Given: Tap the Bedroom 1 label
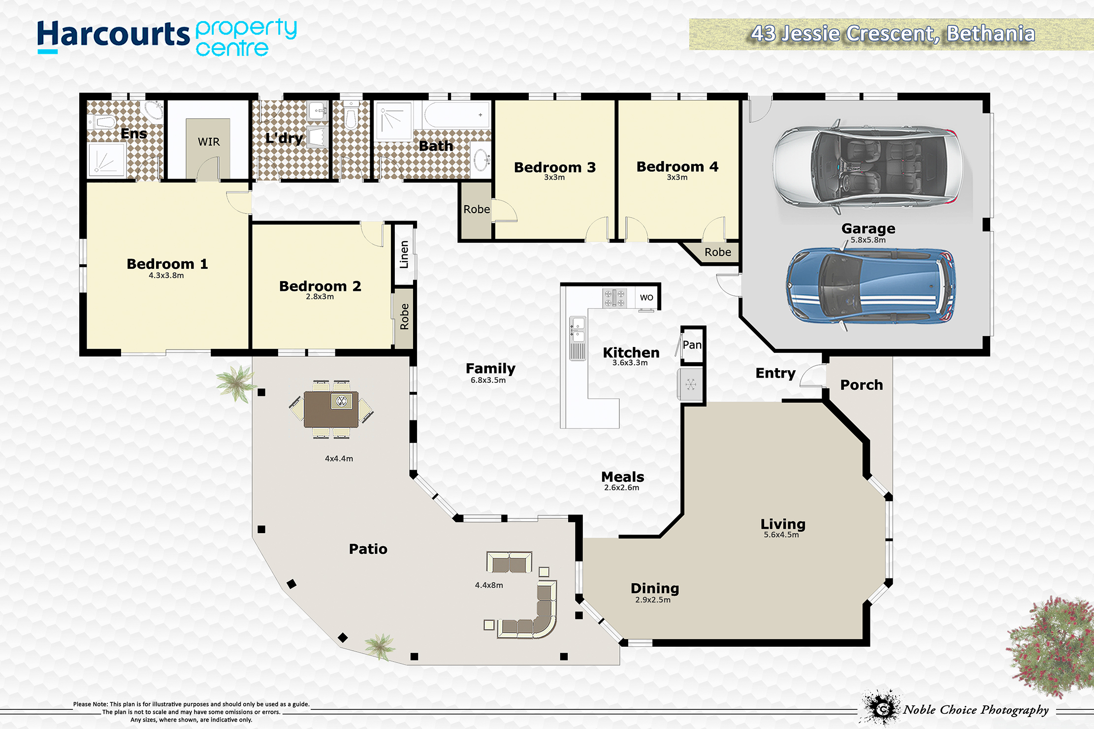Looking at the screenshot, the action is click(167, 264).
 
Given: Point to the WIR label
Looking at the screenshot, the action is click(209, 142).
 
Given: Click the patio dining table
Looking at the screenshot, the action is click(331, 409).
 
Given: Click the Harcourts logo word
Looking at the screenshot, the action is click(113, 35).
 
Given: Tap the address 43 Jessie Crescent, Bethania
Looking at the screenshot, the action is click(893, 34).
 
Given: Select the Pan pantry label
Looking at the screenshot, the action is click(692, 345).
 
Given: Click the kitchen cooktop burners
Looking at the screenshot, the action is click(614, 298).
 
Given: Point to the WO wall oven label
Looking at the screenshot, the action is click(646, 297).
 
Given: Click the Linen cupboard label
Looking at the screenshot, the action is click(404, 254).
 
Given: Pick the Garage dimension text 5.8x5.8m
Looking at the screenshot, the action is click(868, 240).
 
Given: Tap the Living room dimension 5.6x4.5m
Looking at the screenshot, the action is click(781, 535).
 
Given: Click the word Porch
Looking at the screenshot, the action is click(862, 385).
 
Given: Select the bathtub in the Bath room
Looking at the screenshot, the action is click(456, 115).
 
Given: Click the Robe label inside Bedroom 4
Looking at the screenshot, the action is click(718, 252).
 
